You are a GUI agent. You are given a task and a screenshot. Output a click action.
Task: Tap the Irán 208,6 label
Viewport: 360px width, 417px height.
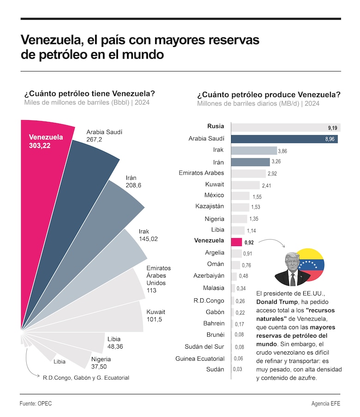tap(134, 181)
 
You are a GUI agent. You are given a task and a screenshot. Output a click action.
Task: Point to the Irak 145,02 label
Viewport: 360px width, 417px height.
tap(148, 235)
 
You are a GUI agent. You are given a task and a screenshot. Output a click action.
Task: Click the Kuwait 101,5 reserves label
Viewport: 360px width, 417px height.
tap(156, 315)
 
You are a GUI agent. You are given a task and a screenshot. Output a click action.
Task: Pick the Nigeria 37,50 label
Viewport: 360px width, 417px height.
tap(101, 363)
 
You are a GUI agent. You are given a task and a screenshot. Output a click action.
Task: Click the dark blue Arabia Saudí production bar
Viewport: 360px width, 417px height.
tap(284, 139)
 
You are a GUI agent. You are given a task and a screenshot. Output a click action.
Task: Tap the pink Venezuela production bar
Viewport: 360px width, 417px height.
tap(236, 242)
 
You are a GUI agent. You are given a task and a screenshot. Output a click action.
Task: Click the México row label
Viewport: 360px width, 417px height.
tap(214, 195)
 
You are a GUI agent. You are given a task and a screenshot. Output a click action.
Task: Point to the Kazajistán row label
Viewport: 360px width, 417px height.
tap(210, 206)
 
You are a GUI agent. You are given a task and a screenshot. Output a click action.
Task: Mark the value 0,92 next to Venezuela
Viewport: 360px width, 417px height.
tap(249, 242)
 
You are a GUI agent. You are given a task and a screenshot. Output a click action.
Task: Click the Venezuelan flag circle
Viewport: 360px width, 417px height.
tap(310, 265)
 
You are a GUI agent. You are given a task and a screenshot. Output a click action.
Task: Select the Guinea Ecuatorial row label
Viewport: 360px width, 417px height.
tap(200, 358)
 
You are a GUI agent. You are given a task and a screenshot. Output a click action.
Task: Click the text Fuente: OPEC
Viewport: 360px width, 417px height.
tap(36, 403)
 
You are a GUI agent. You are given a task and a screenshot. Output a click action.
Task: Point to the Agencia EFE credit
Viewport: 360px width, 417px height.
tap(326, 403)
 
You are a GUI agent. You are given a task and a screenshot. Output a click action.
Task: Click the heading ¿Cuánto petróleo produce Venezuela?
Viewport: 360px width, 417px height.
tap(269, 95)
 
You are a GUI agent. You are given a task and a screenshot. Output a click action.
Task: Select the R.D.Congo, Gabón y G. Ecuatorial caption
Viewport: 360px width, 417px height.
tap(86, 378)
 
